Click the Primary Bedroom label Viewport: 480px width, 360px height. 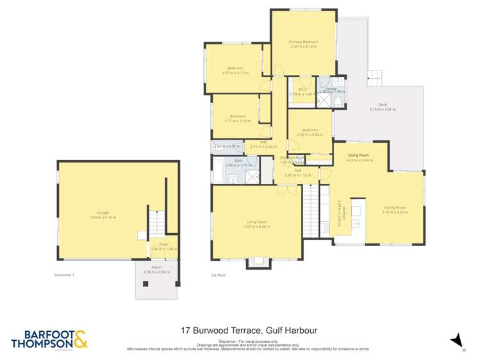tap(304, 42)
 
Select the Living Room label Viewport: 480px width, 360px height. tap(256, 222)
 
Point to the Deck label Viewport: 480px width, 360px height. tap(383, 105)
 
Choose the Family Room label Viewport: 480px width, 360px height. tap(395, 208)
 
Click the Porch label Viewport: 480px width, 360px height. tap(156, 268)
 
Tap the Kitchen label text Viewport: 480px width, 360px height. tap(344, 214)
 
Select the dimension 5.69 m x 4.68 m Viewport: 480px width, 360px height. tap(256, 226)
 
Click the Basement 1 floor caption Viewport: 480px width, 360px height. tap(65, 275)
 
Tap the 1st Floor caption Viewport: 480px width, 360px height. tap(218, 275)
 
